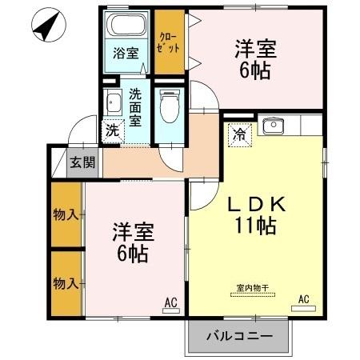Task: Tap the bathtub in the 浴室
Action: click(x=126, y=26)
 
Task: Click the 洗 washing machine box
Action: click(x=111, y=129)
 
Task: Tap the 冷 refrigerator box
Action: click(x=239, y=134)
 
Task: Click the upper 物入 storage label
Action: click(x=66, y=214)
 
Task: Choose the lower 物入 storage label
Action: click(x=66, y=282)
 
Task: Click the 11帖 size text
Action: click(x=255, y=226)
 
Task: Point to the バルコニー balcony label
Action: click(x=238, y=335)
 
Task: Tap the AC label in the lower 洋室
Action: click(x=170, y=302)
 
